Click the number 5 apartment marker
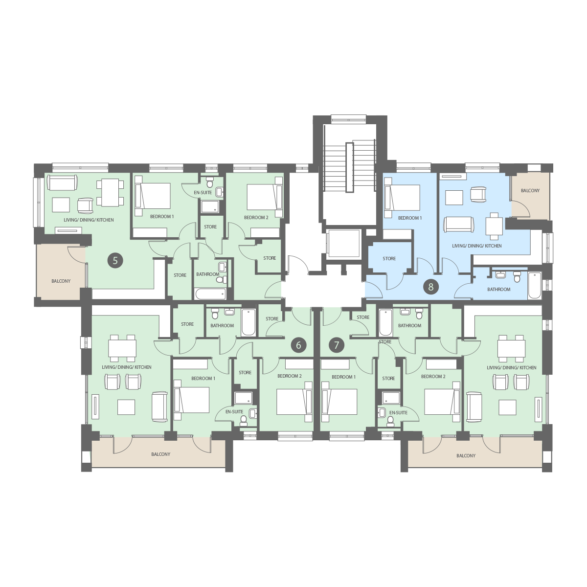tap(115, 260)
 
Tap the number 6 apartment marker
tap(298, 345)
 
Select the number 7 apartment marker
tap(336, 345)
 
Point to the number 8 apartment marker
tap(431, 287)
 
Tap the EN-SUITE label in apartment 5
tap(203, 193)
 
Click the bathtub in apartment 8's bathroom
tap(535, 285)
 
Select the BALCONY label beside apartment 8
tap(530, 190)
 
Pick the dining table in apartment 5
tap(110, 193)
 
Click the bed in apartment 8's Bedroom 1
tap(402, 198)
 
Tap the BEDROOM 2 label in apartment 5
tap(256, 218)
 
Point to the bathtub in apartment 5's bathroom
tap(210, 293)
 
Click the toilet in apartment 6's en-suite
tap(244, 421)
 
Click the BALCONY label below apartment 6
tap(161, 454)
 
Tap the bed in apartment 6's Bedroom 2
tap(294, 402)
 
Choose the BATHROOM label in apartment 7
tap(410, 326)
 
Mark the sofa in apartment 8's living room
tap(459, 225)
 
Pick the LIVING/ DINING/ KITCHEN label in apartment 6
tap(127, 367)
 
